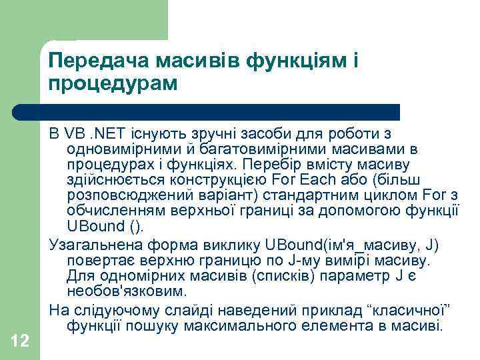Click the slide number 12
tap(20, 341)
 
